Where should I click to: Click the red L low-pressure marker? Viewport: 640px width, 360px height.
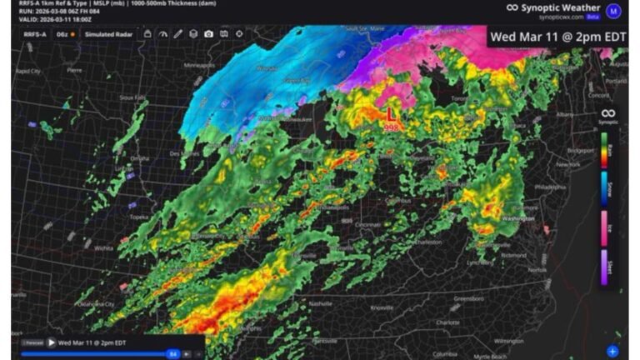390,113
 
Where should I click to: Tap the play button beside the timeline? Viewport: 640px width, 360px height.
52,342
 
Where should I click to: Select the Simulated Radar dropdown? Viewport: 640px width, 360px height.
108,34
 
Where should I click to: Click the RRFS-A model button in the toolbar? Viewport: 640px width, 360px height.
35,34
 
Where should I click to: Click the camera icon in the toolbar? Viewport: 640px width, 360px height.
208,34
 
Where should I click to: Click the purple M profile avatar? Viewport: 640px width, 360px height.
614,11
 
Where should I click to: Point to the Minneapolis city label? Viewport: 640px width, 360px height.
199,64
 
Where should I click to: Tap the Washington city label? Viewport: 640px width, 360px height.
519,218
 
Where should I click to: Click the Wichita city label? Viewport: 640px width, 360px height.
104,247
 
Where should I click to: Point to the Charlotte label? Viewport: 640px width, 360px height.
447,321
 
